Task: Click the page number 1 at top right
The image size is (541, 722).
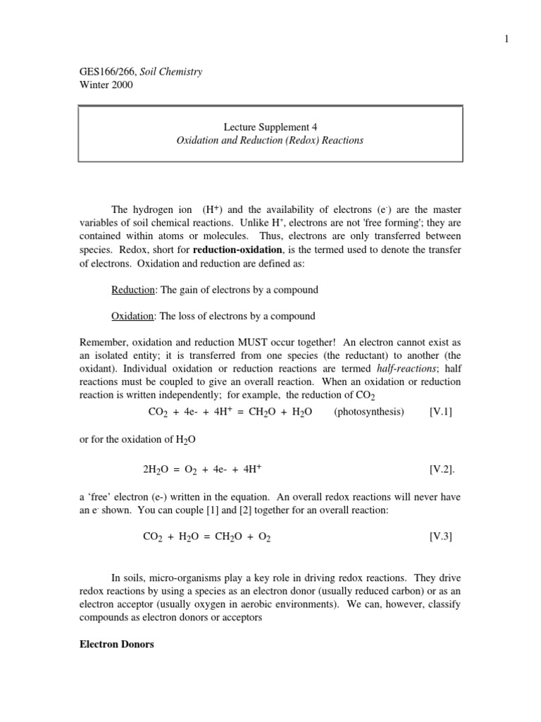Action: (x=506, y=39)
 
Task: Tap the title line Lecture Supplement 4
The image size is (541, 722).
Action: (x=270, y=128)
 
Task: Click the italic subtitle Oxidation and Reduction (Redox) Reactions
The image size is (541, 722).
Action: (x=270, y=140)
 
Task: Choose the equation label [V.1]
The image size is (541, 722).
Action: (x=440, y=412)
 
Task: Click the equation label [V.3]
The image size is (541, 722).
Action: (x=440, y=537)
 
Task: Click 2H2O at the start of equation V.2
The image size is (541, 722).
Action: (x=156, y=469)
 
